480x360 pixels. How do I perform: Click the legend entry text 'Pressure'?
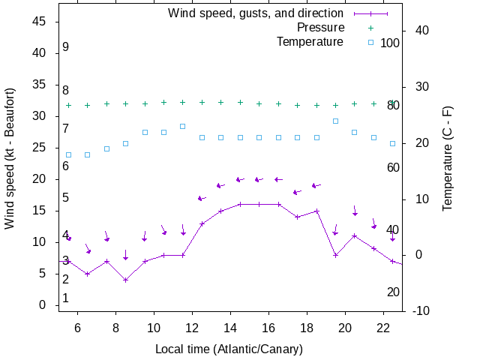(x=320, y=27)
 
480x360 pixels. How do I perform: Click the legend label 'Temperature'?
(x=310, y=41)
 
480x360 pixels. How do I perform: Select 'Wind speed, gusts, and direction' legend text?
(x=256, y=13)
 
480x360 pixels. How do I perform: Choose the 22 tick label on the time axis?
(x=383, y=328)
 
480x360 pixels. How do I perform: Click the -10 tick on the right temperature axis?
(x=421, y=310)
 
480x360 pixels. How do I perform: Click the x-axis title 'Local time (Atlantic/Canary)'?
(x=229, y=349)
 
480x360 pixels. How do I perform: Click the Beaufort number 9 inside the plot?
(x=66, y=46)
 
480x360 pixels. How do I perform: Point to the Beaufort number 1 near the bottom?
(x=66, y=298)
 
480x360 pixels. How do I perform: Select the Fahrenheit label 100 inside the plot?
(x=390, y=43)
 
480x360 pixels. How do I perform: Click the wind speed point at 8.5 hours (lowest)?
(x=126, y=280)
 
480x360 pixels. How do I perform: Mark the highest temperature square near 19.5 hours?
(x=335, y=121)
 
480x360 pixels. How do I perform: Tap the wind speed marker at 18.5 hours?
(x=316, y=211)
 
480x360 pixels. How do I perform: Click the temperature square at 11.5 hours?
(x=183, y=126)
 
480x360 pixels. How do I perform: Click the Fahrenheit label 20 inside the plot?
(x=393, y=292)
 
